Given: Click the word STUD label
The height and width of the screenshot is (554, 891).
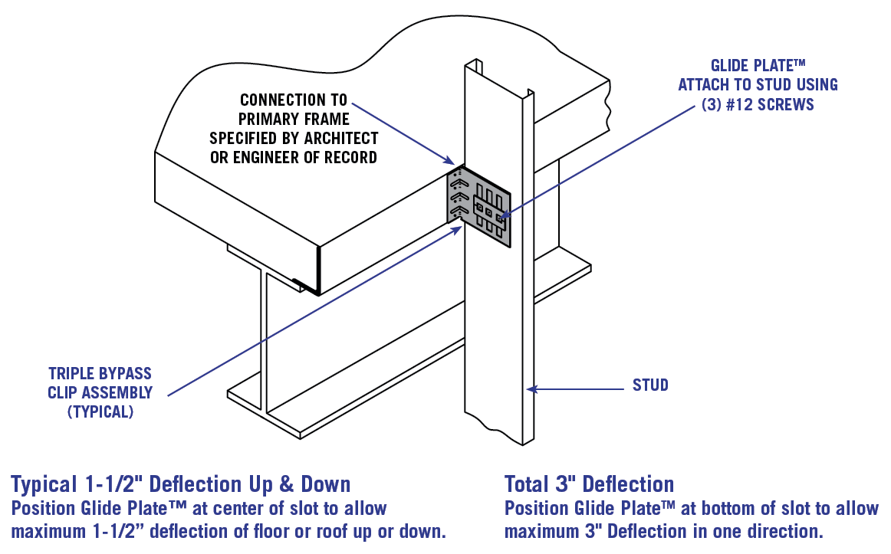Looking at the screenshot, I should pyautogui.click(x=649, y=385).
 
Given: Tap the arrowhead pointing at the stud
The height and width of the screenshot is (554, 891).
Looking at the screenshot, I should pyautogui.click(x=531, y=389).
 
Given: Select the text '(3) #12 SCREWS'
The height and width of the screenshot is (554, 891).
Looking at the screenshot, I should pyautogui.click(x=757, y=104).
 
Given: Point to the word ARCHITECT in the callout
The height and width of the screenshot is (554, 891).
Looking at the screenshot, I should pyautogui.click(x=340, y=139).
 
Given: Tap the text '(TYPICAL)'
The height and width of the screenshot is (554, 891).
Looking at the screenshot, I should pyautogui.click(x=100, y=412).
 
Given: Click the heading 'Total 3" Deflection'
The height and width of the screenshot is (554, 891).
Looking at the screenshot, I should pyautogui.click(x=589, y=484).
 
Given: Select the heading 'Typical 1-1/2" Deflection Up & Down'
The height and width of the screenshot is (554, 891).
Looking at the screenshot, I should pyautogui.click(x=180, y=484).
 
